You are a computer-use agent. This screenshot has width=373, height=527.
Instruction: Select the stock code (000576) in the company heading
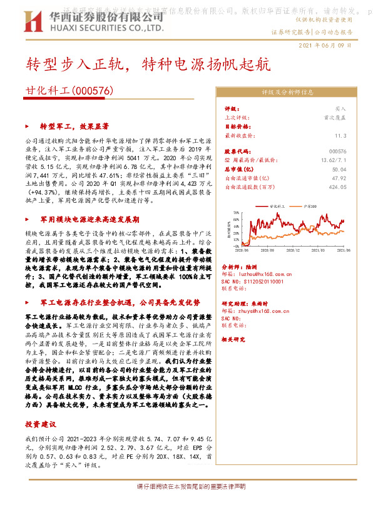click(x=93, y=91)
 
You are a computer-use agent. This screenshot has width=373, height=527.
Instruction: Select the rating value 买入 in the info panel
click(x=340, y=108)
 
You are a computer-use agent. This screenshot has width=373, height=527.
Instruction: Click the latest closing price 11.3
click(x=340, y=135)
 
